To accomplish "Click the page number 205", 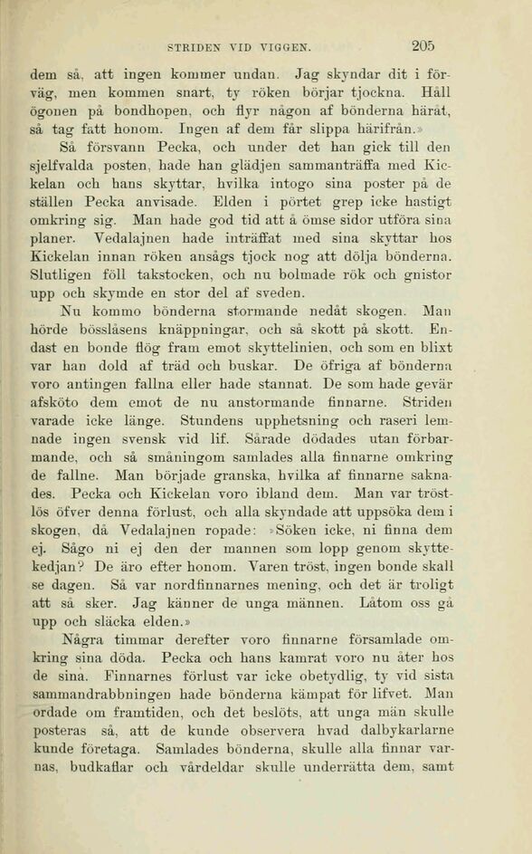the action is [423, 45].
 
